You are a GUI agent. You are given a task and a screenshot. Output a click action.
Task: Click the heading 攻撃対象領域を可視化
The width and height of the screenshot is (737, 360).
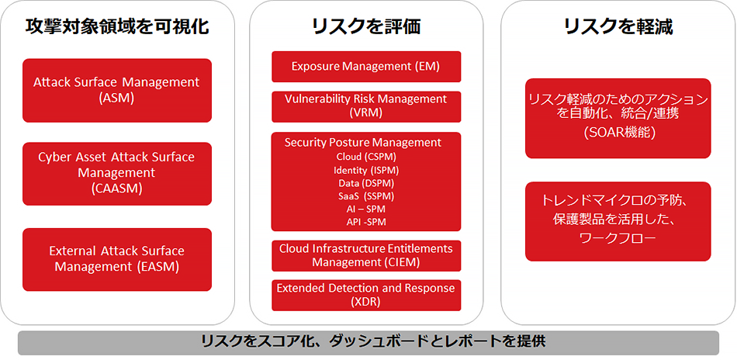tap(117, 27)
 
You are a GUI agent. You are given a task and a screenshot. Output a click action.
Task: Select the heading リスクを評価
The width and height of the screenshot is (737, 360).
tap(366, 27)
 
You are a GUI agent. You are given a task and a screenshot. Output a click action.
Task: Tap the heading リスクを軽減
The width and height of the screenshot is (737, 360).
tap(618, 27)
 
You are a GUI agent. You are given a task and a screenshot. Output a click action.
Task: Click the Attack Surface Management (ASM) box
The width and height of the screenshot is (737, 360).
tap(117, 90)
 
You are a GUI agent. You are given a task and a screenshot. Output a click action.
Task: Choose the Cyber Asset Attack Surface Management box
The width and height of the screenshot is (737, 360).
tap(117, 173)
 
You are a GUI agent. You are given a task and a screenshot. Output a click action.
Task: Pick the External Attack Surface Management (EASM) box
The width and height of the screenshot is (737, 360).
tap(117, 259)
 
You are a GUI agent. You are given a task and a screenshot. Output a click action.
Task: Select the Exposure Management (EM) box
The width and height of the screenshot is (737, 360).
tap(366, 67)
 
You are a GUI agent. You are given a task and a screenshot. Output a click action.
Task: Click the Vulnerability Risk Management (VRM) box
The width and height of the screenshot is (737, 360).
tap(366, 106)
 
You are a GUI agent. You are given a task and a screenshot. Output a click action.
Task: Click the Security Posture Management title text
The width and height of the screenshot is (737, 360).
tap(363, 143)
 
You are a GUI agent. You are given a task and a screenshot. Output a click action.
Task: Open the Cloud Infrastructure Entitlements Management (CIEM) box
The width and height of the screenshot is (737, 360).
tap(366, 255)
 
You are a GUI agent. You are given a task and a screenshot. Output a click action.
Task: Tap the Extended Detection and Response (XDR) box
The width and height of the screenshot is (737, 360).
tap(366, 295)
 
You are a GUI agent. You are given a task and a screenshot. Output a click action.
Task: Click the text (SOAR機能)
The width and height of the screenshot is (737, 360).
tap(618, 133)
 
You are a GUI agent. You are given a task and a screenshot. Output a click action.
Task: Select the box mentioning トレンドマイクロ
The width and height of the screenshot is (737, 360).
tap(618, 221)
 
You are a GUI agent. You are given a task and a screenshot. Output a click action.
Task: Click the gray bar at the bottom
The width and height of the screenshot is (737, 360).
tap(368, 342)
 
